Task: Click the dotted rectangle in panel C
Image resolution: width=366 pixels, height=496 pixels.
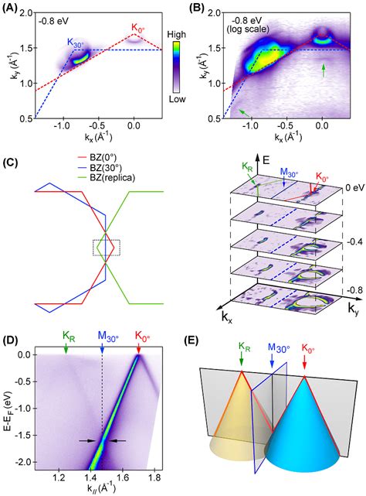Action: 107,248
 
